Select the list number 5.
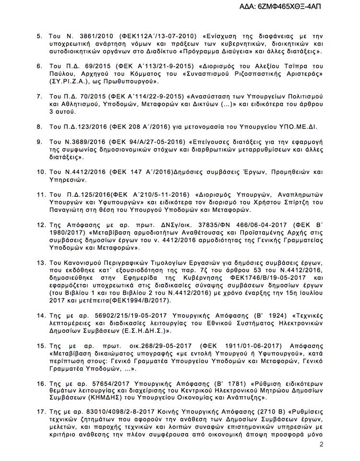point(40,36)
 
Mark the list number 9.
point(40,142)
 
